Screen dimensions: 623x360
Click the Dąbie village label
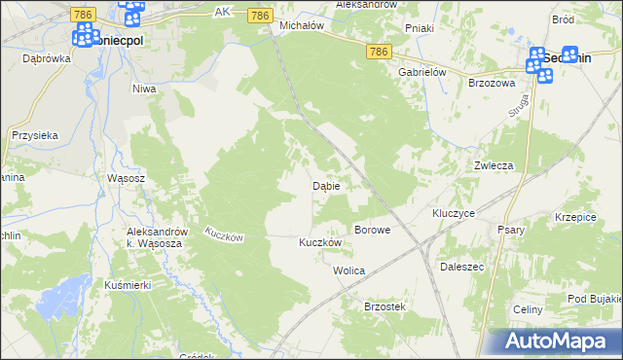click(x=325, y=185)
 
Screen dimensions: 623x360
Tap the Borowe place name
click(x=372, y=231)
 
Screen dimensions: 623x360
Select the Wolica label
click(x=348, y=270)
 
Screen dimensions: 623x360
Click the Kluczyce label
click(x=453, y=212)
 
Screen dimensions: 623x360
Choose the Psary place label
click(x=511, y=231)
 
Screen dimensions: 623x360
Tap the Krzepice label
click(x=574, y=217)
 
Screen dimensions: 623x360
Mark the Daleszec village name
click(x=462, y=266)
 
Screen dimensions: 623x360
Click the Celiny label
click(x=527, y=308)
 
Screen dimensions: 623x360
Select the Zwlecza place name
click(x=494, y=165)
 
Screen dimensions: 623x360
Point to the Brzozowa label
click(x=491, y=84)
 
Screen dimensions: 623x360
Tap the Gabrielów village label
click(x=421, y=72)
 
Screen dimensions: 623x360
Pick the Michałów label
click(x=301, y=26)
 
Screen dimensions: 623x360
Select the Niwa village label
click(x=144, y=89)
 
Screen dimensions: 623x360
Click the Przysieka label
click(x=35, y=136)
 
